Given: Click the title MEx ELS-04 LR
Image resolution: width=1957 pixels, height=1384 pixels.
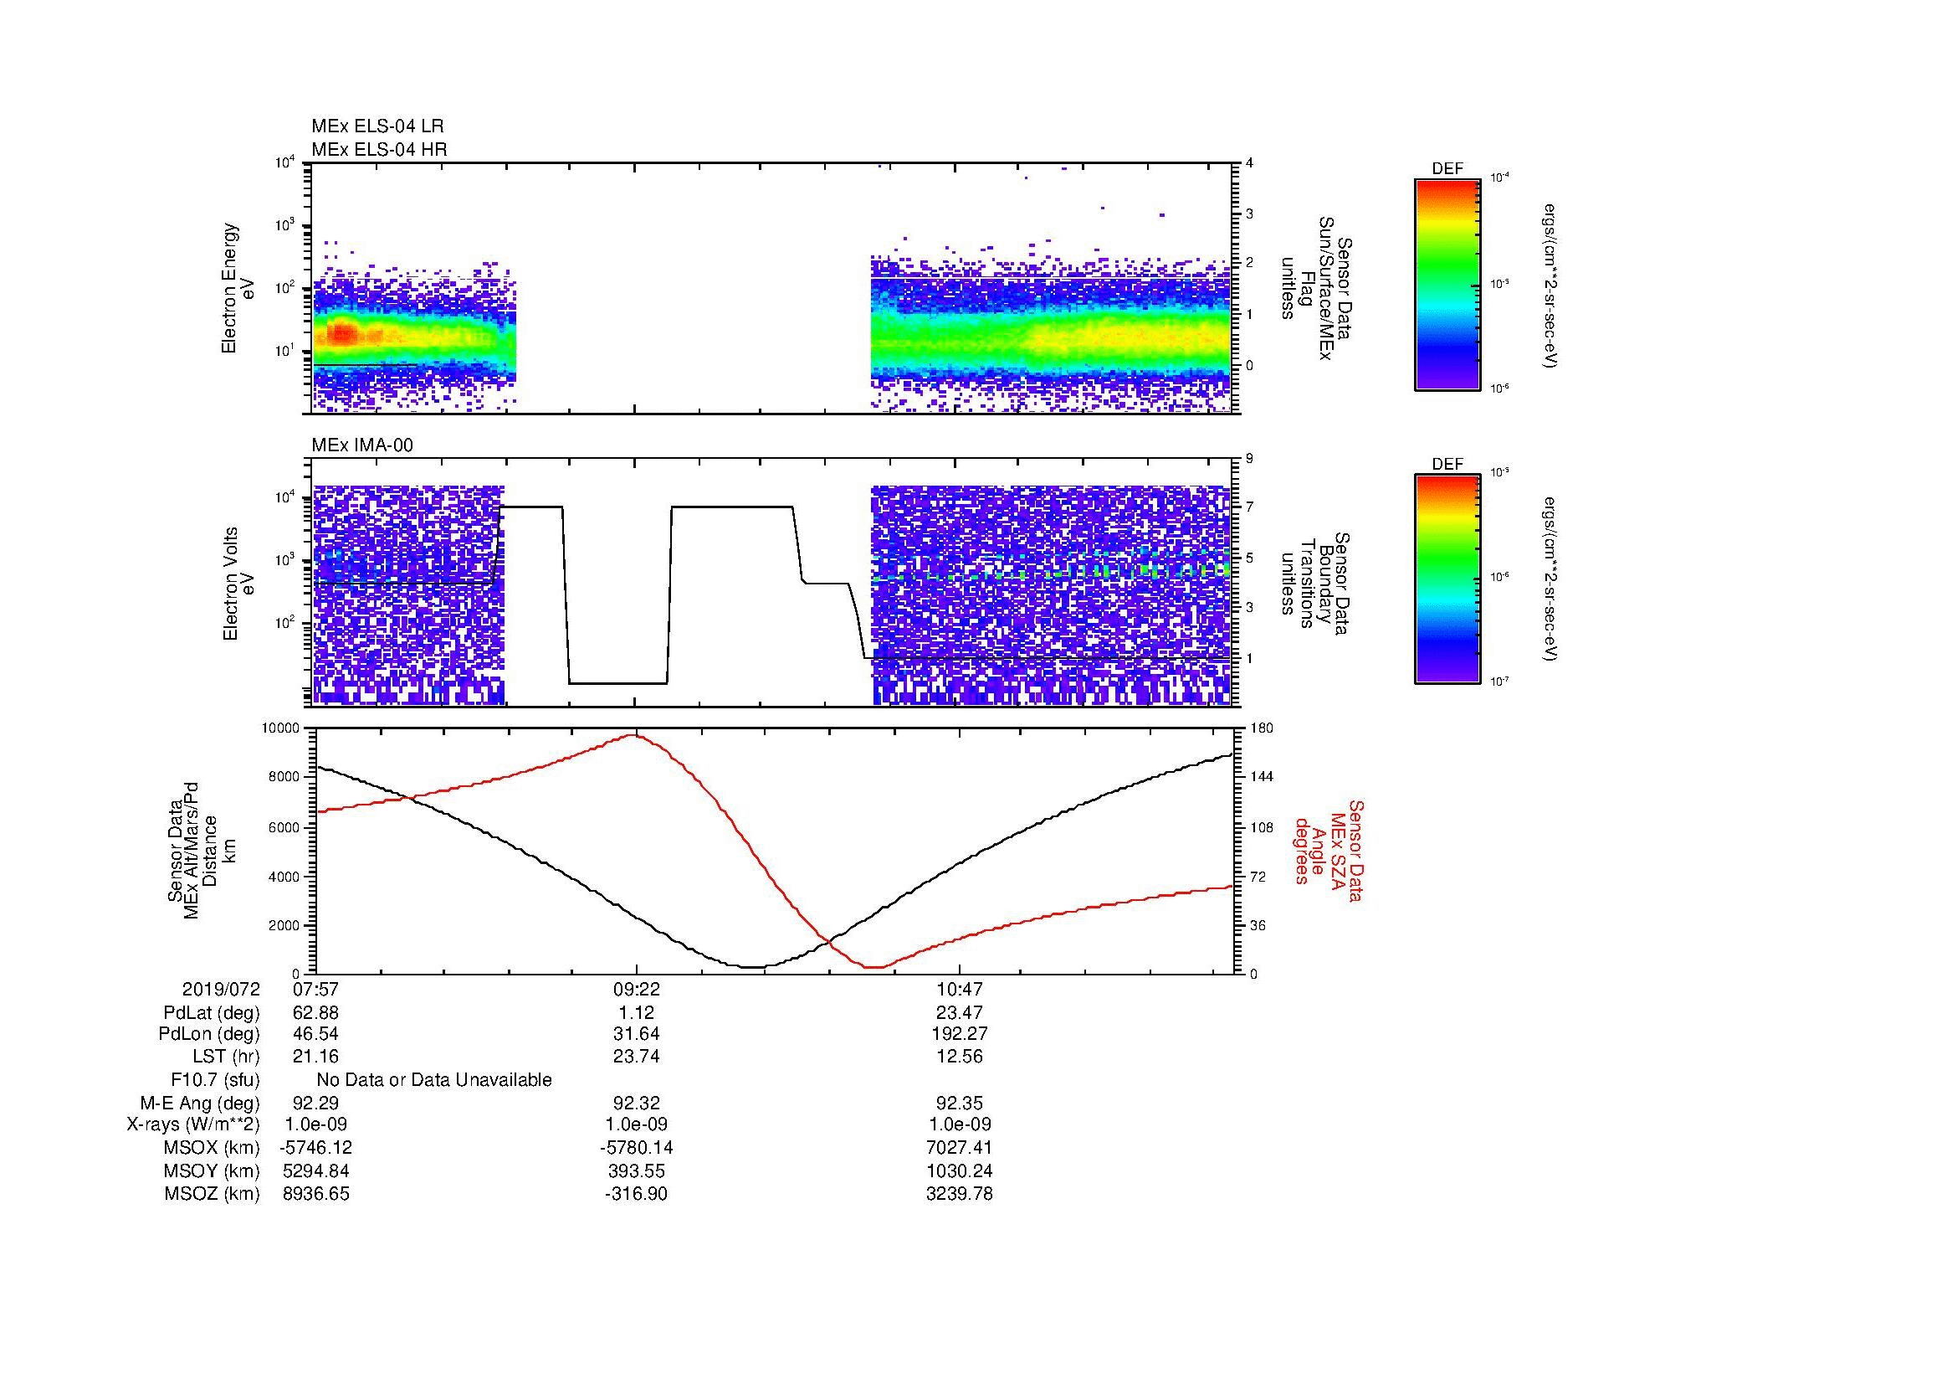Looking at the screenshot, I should (377, 126).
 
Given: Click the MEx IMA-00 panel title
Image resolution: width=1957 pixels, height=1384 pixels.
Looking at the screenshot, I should (362, 445).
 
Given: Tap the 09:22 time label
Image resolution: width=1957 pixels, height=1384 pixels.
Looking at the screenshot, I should (636, 990).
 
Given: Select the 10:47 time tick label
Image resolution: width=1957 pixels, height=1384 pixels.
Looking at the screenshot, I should (959, 990).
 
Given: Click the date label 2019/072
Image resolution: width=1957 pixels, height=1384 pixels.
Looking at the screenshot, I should (221, 990).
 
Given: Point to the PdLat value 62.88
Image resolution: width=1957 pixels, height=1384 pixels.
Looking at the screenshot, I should (315, 1013).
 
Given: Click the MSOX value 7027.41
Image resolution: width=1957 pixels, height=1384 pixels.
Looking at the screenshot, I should (959, 1148).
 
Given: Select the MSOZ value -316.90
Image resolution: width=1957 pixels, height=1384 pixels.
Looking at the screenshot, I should (636, 1194).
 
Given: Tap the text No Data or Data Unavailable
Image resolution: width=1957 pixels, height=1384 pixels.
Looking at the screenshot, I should (434, 1080).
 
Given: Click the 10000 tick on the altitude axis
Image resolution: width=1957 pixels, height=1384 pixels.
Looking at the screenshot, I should (282, 728).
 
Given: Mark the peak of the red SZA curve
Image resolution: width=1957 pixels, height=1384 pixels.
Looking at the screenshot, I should (635, 734).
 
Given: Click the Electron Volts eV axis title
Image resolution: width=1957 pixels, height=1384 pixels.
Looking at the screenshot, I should (238, 584).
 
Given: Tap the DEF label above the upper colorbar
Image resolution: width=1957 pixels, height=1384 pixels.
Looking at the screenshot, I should (1447, 169).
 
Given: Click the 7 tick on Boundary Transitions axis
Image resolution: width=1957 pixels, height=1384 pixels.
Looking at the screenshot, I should (1249, 507).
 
